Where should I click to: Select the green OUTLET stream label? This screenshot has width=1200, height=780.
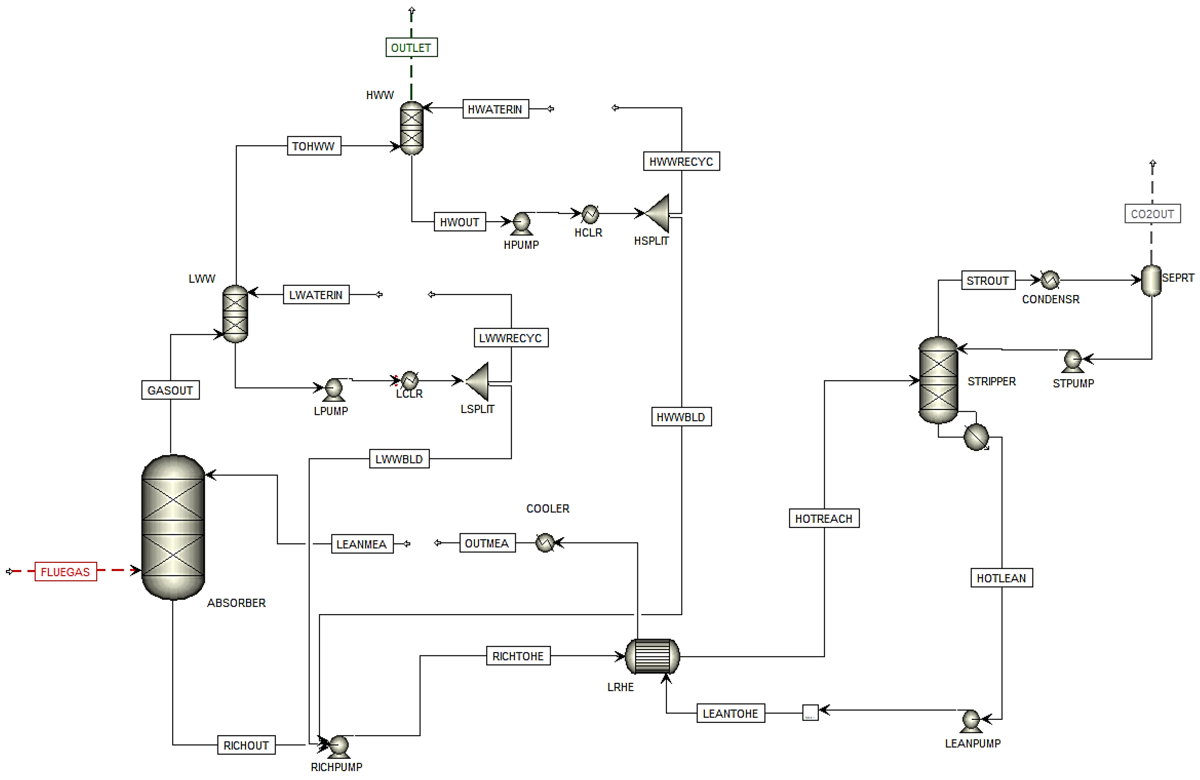pyautogui.click(x=411, y=47)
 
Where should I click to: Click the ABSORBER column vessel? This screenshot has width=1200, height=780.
pyautogui.click(x=173, y=527)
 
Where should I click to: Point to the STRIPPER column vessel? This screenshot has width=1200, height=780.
pyautogui.click(x=938, y=380)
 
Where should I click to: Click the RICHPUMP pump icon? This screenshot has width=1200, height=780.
pyautogui.click(x=338, y=745)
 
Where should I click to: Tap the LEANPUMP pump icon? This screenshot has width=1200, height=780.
pyautogui.click(x=971, y=720)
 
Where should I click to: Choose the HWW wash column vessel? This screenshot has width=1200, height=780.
pyautogui.click(x=411, y=128)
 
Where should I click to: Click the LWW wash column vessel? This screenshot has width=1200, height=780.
pyautogui.click(x=235, y=314)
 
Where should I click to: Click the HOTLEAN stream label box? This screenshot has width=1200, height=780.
pyautogui.click(x=1001, y=577)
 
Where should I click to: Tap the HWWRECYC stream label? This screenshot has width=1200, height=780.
pyautogui.click(x=681, y=161)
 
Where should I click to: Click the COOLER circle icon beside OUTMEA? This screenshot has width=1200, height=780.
pyautogui.click(x=545, y=543)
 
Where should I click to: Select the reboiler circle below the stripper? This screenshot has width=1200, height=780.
pyautogui.click(x=976, y=437)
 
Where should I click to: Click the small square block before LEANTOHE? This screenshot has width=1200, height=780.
pyautogui.click(x=810, y=712)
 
